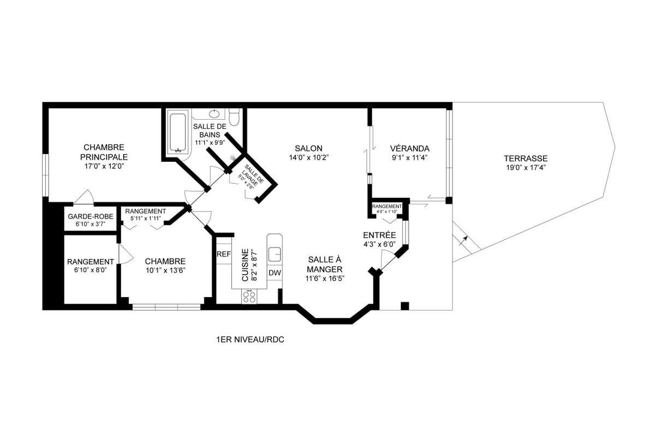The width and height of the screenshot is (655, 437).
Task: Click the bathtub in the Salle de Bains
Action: click(x=178, y=133)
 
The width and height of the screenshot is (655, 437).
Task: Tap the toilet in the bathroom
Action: click(x=234, y=117)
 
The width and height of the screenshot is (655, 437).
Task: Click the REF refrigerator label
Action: click(x=224, y=255)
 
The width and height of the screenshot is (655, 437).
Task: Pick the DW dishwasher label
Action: click(x=275, y=273)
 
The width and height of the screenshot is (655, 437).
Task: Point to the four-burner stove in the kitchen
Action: click(x=249, y=296)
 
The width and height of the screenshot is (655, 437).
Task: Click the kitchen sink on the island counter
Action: click(x=275, y=253)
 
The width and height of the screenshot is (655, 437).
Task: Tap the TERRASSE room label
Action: click(x=526, y=158)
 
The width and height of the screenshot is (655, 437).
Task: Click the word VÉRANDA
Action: click(x=410, y=149)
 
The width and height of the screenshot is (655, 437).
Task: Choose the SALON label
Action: click(x=308, y=149)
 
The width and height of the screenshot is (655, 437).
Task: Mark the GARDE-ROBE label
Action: click(x=91, y=217)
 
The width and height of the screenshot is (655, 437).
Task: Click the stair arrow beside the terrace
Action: click(x=463, y=240)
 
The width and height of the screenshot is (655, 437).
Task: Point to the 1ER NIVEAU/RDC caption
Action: click(x=251, y=340)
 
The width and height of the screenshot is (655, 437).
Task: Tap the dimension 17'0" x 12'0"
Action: click(x=104, y=167)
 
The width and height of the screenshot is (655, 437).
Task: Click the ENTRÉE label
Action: click(x=379, y=235)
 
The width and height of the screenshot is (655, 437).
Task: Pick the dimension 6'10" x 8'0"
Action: click(x=91, y=270)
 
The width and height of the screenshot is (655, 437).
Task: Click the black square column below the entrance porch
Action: click(x=404, y=305)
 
